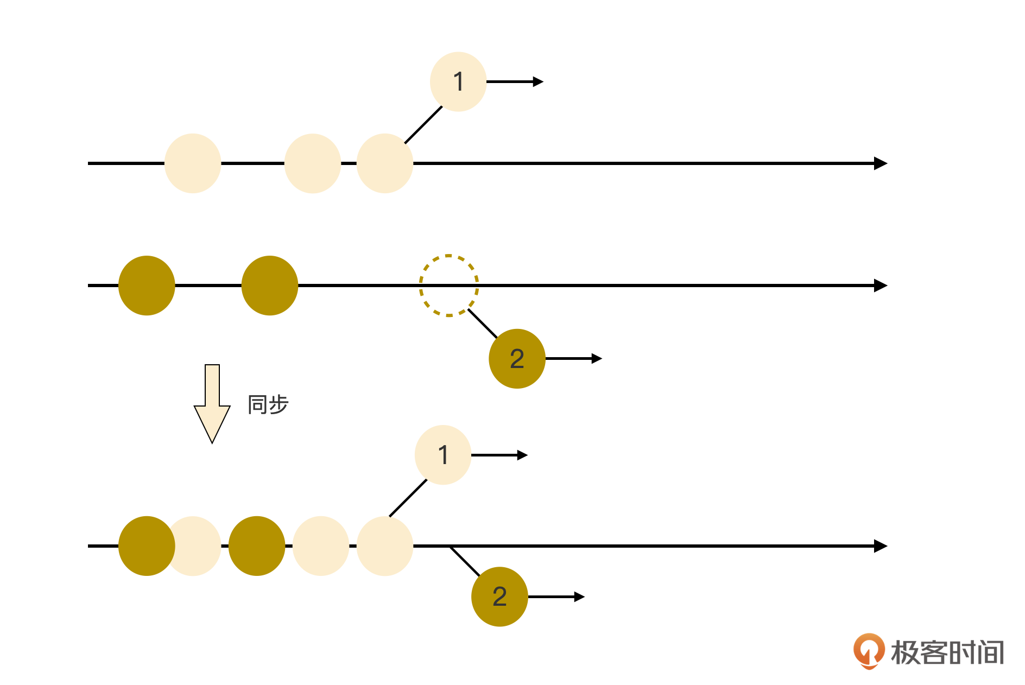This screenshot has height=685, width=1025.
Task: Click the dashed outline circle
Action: (x=448, y=286)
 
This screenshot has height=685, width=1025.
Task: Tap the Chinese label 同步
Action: (x=268, y=405)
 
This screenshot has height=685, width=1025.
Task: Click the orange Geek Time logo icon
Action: (x=869, y=650)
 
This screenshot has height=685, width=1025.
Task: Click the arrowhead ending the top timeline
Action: (x=881, y=163)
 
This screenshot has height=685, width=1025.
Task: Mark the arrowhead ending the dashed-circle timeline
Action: (x=881, y=286)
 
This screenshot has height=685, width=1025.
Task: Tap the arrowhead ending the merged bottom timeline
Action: (x=881, y=546)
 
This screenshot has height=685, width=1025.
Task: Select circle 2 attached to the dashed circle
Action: (x=517, y=359)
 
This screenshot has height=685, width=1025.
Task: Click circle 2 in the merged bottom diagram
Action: (x=499, y=597)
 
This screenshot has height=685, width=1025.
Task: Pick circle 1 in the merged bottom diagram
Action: (x=443, y=455)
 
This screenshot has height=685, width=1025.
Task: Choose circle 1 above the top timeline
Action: (x=458, y=82)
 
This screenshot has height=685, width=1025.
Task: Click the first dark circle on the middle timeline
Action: (x=147, y=286)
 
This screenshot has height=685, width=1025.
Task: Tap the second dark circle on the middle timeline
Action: (x=270, y=286)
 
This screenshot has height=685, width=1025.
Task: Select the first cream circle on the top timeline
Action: (x=193, y=163)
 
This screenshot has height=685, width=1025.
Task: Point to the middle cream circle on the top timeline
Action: (x=313, y=163)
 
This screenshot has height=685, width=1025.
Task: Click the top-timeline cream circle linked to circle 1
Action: (x=385, y=163)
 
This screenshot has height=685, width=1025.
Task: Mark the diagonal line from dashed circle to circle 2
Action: (x=483, y=324)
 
